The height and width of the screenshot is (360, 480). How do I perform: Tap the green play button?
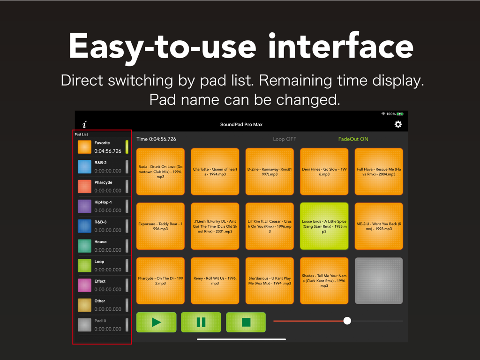157,322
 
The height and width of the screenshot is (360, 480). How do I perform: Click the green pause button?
201,322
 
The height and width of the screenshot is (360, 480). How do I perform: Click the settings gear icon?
398,124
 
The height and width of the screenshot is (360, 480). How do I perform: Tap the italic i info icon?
84,125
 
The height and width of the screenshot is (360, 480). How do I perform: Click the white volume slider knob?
347,321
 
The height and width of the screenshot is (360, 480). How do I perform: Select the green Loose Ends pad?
324,226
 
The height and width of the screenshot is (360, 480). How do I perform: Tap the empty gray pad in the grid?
379,281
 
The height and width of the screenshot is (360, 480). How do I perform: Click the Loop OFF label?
285,139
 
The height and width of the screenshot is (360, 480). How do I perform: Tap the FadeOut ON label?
353,139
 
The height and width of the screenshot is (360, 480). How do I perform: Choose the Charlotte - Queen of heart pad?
215,172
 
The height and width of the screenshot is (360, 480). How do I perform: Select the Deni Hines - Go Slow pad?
324,172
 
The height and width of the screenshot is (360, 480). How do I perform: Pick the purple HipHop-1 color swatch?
84,206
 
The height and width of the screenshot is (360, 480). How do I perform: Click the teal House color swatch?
84,246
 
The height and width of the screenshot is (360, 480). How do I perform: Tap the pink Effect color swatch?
84,285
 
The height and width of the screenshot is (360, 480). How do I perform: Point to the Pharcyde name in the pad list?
103,182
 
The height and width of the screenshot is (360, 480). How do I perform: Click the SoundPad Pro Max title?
241,125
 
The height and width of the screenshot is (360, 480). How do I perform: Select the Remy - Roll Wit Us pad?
215,281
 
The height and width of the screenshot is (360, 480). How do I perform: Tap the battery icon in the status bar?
400,114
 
